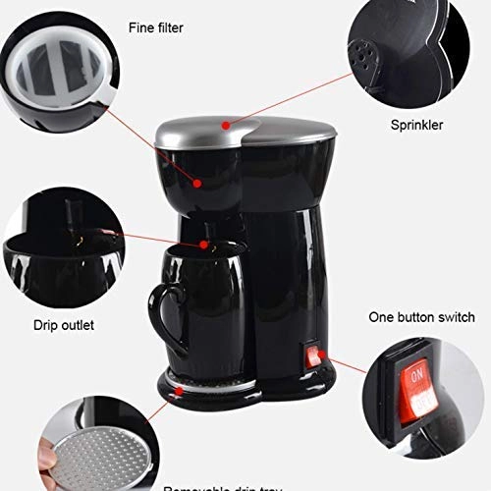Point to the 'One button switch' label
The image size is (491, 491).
coord(421,317)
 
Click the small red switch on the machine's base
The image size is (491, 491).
coord(313,355)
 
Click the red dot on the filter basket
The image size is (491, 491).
coord(198,181)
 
